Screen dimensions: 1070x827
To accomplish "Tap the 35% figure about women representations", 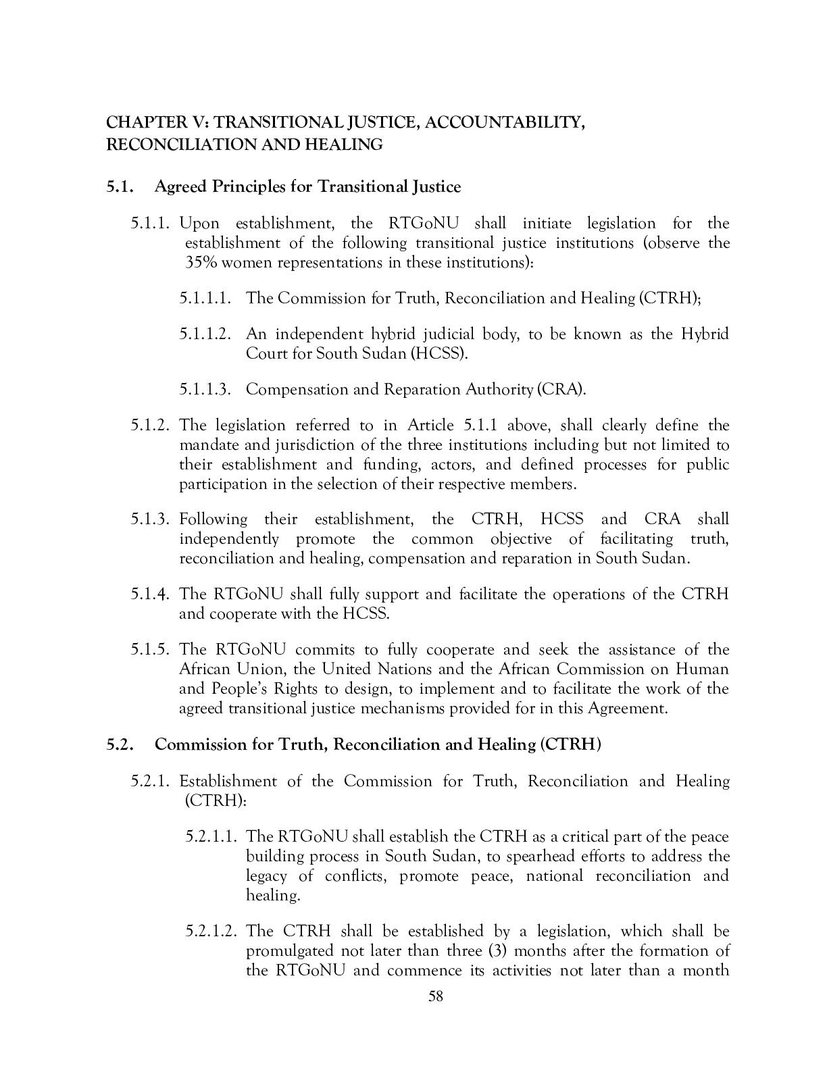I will [x=201, y=262].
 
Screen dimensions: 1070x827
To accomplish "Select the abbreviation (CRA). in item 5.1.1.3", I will [x=561, y=389].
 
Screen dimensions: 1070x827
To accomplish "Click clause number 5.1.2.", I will [x=153, y=425].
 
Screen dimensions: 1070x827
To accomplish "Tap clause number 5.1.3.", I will [x=153, y=519].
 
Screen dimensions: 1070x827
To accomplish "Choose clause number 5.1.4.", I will [x=153, y=594].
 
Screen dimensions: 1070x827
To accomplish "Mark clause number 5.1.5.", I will [x=153, y=649].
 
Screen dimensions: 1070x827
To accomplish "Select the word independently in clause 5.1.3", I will [x=228, y=538].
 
